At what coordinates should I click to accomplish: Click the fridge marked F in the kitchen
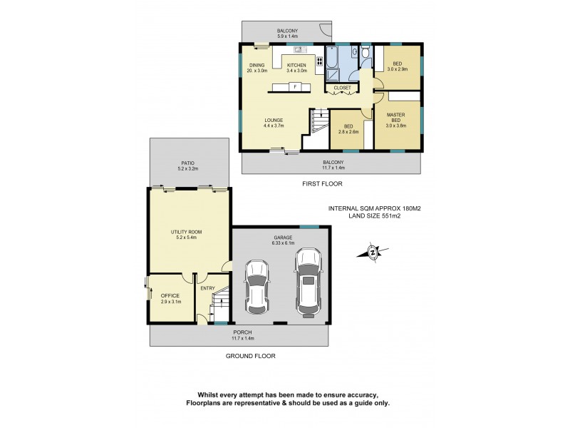click(294, 87)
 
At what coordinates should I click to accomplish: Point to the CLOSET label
click(342, 88)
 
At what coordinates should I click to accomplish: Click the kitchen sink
click(300, 49)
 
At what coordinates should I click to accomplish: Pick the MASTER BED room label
click(396, 118)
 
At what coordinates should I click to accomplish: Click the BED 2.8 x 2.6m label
click(348, 129)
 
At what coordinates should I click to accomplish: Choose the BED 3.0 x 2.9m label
click(397, 64)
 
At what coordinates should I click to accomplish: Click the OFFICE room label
click(170, 299)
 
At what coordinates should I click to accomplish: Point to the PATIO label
click(188, 165)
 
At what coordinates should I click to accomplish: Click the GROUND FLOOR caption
click(250, 356)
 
